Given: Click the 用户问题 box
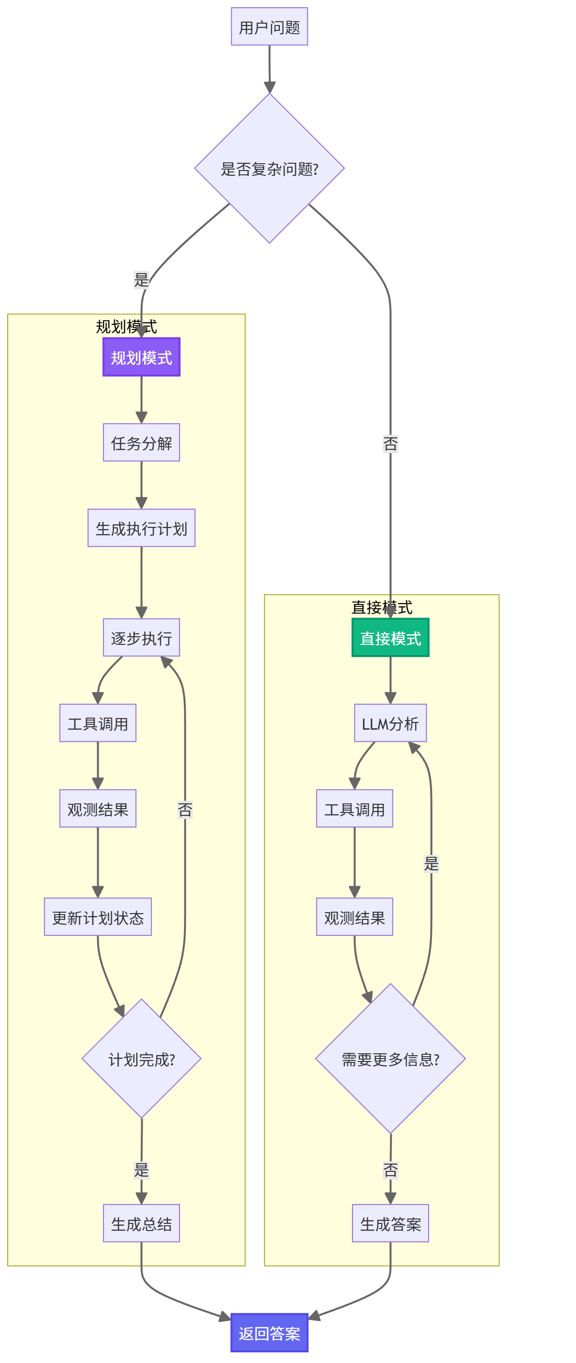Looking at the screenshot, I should tap(269, 26).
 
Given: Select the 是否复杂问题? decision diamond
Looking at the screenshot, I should tap(269, 169).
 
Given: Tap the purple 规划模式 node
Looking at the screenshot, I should tap(141, 357).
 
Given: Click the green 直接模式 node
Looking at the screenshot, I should tap(391, 638).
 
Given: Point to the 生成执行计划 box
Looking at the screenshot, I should tap(141, 528).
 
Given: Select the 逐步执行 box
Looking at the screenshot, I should tap(141, 638).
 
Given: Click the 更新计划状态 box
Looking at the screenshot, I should tap(98, 917).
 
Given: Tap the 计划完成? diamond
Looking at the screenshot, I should tap(141, 1059).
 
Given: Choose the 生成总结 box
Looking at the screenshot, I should tap(141, 1223).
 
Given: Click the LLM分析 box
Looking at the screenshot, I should tap(391, 723).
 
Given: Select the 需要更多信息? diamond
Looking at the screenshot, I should tap(391, 1059).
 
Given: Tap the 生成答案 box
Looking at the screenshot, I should tap(391, 1223).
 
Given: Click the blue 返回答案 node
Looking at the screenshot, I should tap(269, 1333).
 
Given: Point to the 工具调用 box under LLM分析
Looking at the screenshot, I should tap(354, 809).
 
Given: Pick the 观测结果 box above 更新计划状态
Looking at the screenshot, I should tap(98, 809).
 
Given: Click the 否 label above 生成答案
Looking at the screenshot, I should tap(391, 1169).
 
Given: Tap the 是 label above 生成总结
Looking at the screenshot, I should tap(141, 1169).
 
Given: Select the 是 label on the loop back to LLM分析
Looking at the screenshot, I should tap(431, 864).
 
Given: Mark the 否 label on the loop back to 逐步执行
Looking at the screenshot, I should tap(185, 809).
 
